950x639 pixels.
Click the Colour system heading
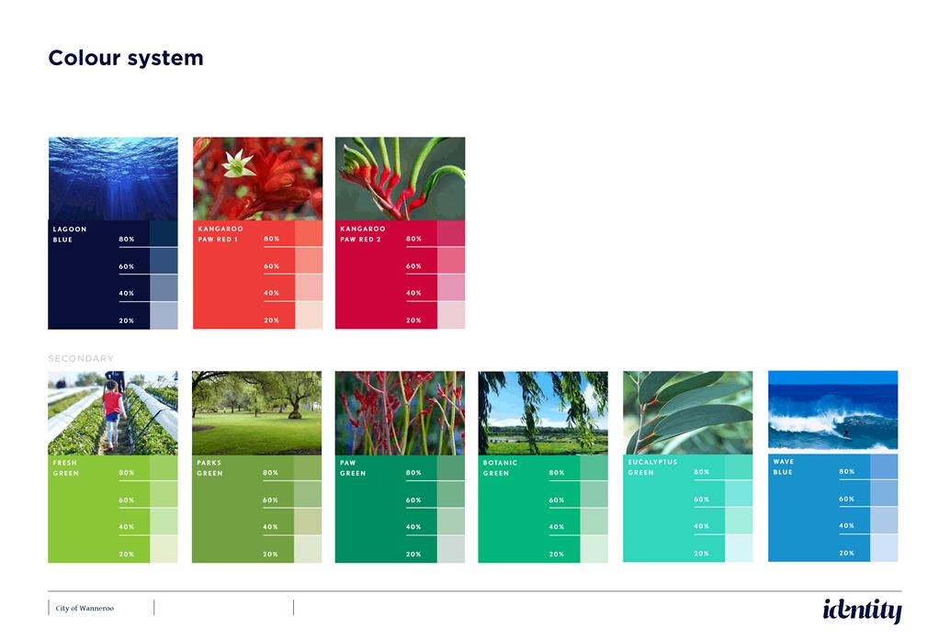126,58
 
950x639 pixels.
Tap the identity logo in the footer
862,610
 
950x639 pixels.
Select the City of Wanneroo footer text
85,608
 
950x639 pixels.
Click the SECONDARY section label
81,359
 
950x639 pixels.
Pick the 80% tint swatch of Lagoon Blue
164,234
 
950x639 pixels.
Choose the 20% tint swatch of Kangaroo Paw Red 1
309,316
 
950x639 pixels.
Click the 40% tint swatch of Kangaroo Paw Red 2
451,287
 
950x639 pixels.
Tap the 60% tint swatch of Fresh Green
164,494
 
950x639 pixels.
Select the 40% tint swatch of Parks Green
308,521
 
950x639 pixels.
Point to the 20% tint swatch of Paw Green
451,549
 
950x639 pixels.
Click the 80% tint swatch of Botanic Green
594,467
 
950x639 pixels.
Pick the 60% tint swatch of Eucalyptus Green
739,494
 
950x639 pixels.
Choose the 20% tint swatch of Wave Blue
884,548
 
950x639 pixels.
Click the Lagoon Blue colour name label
70,234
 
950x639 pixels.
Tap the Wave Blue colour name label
784,467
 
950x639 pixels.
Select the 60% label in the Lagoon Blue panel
127,266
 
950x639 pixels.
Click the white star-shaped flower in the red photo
238,163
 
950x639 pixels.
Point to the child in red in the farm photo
112,413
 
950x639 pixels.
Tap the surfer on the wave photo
846,433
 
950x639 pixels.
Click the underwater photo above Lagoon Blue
113,179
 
